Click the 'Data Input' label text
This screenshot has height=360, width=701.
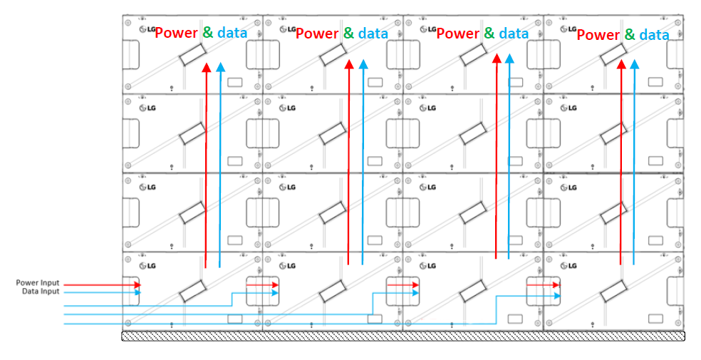41,292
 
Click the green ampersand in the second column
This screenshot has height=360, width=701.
348,33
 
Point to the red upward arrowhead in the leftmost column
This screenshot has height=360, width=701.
206,68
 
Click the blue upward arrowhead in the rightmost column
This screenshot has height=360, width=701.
634,65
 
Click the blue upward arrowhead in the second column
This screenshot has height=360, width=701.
363,65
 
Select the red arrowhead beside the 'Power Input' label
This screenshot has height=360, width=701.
137,284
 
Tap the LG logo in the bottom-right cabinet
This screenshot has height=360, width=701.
569,266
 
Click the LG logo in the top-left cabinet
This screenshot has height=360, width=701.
148,30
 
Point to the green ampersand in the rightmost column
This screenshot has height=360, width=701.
630,34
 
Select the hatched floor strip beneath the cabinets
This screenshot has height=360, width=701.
403,336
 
